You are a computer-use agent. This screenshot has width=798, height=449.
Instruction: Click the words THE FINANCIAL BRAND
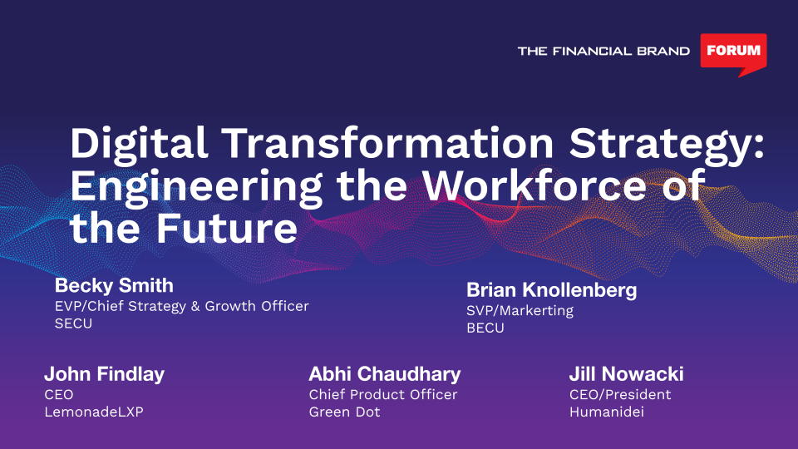(603, 51)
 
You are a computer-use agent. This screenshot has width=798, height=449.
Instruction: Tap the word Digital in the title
(139, 145)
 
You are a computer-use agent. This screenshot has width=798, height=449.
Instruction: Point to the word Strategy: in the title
(667, 145)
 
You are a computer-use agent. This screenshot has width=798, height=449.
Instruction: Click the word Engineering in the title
(196, 187)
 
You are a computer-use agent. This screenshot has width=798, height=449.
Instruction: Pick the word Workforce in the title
(534, 185)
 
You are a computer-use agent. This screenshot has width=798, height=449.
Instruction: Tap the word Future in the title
(226, 229)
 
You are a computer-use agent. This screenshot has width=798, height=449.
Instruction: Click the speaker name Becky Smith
(114, 285)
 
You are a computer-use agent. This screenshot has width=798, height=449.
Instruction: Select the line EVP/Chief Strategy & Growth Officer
(182, 306)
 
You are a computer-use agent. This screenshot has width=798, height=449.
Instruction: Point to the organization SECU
(73, 323)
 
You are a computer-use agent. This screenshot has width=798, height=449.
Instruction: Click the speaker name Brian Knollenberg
(552, 290)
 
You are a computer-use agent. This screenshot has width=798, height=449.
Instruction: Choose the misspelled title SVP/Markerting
(520, 310)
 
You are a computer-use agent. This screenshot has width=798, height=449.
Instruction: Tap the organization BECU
(485, 328)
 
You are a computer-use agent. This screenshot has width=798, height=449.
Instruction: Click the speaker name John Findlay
(105, 374)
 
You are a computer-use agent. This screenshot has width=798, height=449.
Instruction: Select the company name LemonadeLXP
(94, 412)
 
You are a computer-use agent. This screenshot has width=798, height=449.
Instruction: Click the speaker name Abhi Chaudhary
(385, 374)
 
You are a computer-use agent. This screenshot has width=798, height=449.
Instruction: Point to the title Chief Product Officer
(383, 394)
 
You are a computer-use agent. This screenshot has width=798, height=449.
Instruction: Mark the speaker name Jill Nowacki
(627, 374)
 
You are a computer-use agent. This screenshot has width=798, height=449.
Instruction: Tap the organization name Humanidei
(607, 412)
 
